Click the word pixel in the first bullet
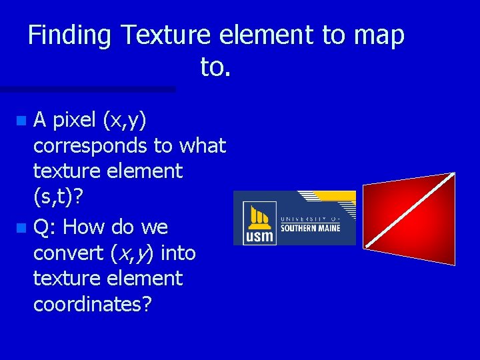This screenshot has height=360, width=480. coord(74,120)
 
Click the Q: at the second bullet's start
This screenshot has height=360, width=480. coord(45,228)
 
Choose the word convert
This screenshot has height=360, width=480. coord(64,253)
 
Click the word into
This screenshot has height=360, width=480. coord(178,253)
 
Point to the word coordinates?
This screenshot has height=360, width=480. coord(93,304)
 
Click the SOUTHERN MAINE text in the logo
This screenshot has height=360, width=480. coord(310,228)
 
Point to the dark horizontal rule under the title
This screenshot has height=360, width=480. coord(87,89)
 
